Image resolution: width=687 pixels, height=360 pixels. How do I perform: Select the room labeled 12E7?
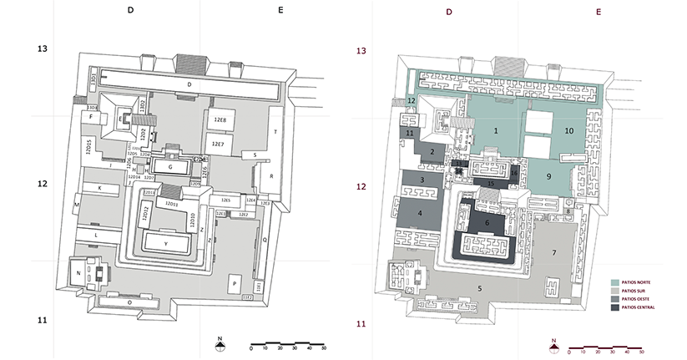tap(218, 145)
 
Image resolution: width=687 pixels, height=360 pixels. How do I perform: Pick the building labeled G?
tap(170, 167)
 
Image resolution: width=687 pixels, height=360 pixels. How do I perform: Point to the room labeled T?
tap(275, 133)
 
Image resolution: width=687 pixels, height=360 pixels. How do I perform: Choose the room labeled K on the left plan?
tap(99, 189)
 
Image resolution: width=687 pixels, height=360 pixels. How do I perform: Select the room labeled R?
tap(271, 176)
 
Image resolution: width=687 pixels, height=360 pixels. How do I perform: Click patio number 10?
tap(569, 131)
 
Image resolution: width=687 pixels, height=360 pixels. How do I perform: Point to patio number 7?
tap(553, 251)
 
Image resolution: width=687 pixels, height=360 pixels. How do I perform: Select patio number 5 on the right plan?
tap(479, 288)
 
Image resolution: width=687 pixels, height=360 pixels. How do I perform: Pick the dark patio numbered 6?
tap(487, 223)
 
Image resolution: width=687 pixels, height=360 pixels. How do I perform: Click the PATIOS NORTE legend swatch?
tap(616, 282)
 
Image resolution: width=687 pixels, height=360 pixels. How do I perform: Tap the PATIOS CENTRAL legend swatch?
tap(616, 307)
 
